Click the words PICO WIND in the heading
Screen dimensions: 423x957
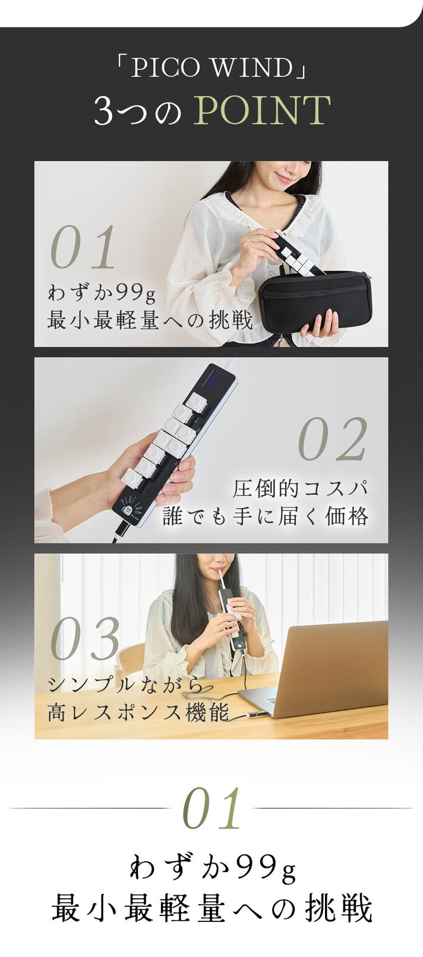tap(211, 68)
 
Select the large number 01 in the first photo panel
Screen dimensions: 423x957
tap(83, 247)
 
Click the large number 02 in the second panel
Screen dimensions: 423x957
tap(333, 439)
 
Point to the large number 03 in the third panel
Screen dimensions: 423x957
tap(85, 638)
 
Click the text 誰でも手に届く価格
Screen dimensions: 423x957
tap(266, 516)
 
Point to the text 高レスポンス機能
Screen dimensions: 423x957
tap(138, 713)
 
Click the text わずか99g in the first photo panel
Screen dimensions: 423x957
tap(102, 293)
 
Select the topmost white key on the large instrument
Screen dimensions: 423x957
tap(195, 401)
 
